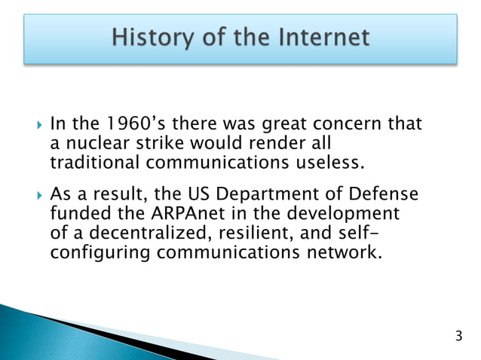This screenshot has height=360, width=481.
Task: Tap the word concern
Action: [x=354, y=124]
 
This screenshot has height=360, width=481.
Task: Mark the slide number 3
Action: [x=458, y=334]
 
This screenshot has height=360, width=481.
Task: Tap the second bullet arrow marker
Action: [x=32, y=194]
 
